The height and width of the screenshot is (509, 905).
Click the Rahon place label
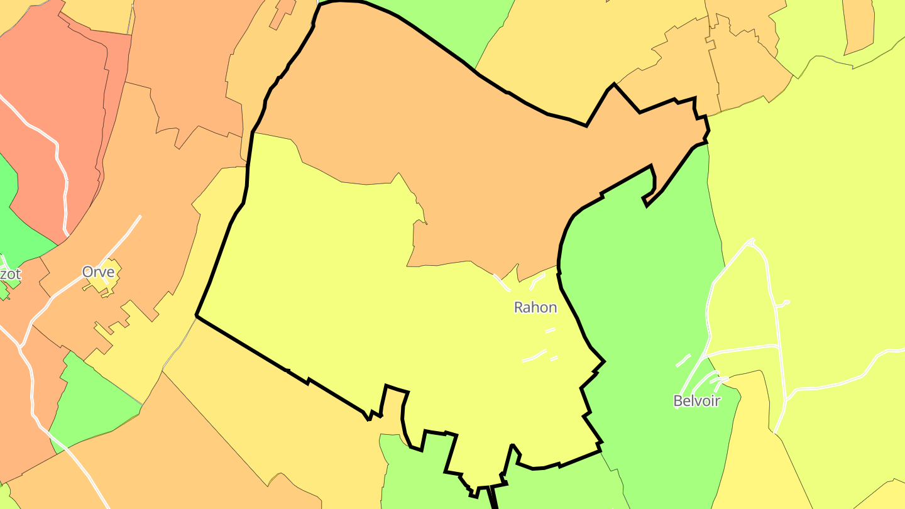click(535, 307)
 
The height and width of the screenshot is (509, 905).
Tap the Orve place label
click(99, 272)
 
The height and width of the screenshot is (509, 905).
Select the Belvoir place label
click(696, 401)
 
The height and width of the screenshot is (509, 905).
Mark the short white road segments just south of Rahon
click(534, 357)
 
